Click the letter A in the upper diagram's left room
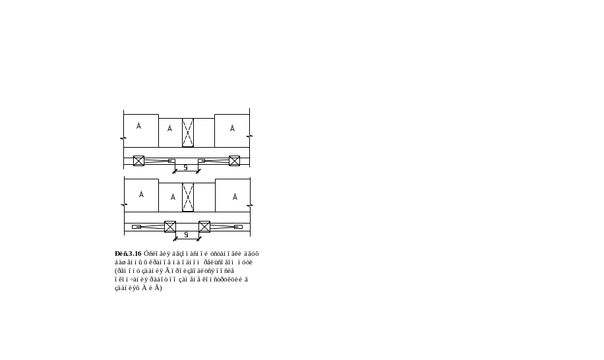(138, 125)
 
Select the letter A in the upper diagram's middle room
(169, 128)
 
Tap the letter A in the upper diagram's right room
(232, 128)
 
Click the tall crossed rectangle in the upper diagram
(188, 132)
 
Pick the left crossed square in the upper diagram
(138, 161)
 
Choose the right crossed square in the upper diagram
(234, 161)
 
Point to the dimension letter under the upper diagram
(186, 167)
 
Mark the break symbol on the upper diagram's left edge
(123, 138)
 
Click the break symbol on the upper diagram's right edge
(250, 136)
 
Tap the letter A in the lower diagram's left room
(141, 194)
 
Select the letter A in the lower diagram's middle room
(173, 196)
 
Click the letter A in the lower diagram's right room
(234, 196)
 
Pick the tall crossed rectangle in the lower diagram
(188, 197)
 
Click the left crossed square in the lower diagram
(170, 227)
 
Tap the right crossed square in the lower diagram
(204, 227)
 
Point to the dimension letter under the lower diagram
(187, 234)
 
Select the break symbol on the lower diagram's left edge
(123, 205)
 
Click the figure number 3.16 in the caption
(123, 254)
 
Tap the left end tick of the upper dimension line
(174, 171)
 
